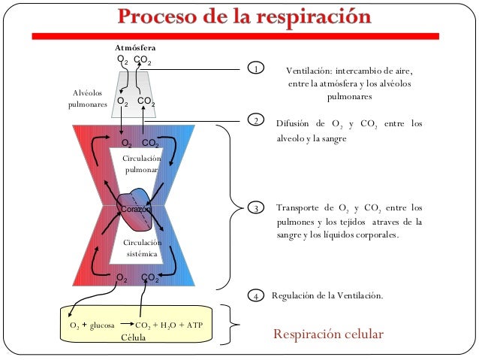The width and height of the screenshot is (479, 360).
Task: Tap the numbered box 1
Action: pyautogui.click(x=256, y=70)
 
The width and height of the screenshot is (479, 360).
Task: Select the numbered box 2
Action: pyautogui.click(x=256, y=120)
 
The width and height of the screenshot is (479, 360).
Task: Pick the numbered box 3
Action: pyautogui.click(x=256, y=208)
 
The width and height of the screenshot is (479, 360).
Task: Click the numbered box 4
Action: pyautogui.click(x=256, y=296)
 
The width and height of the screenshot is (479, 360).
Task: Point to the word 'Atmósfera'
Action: pyautogui.click(x=134, y=47)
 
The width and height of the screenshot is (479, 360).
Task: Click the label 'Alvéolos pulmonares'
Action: pyautogui.click(x=87, y=98)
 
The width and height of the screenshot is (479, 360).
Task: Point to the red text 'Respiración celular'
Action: pyautogui.click(x=328, y=334)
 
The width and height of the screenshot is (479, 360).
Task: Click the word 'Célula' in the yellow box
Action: pyautogui.click(x=134, y=337)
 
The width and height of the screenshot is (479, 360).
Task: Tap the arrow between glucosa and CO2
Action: pyautogui.click(x=125, y=326)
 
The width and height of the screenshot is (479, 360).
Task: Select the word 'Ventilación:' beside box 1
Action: pyautogui.click(x=310, y=71)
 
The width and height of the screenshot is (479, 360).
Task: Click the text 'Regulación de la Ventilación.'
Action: pyautogui.click(x=327, y=296)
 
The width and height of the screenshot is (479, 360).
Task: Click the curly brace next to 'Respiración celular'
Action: pyautogui.click(x=235, y=326)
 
